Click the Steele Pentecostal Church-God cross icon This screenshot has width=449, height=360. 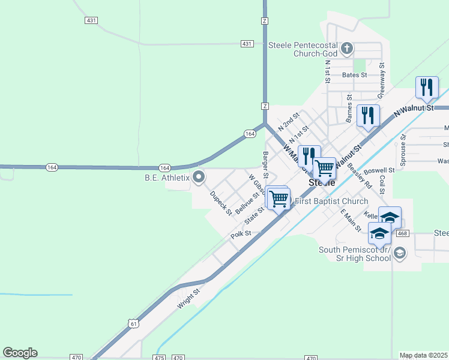tap(346, 48)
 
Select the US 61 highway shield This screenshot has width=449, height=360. tap(133, 323)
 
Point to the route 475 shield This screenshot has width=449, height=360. tap(158, 358)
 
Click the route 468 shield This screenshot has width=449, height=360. tap(402, 233)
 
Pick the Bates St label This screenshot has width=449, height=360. tap(354, 75)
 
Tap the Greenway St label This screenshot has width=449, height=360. tap(381, 84)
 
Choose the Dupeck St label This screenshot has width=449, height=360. tap(221, 203)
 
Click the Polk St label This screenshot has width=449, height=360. tap(240, 235)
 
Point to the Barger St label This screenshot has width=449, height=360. tap(265, 164)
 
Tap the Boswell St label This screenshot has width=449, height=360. tap(379, 170)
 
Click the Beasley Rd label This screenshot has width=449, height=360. tap(360, 178)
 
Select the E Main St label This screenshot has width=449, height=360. tap(351, 220)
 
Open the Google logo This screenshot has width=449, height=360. tap(20, 353)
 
